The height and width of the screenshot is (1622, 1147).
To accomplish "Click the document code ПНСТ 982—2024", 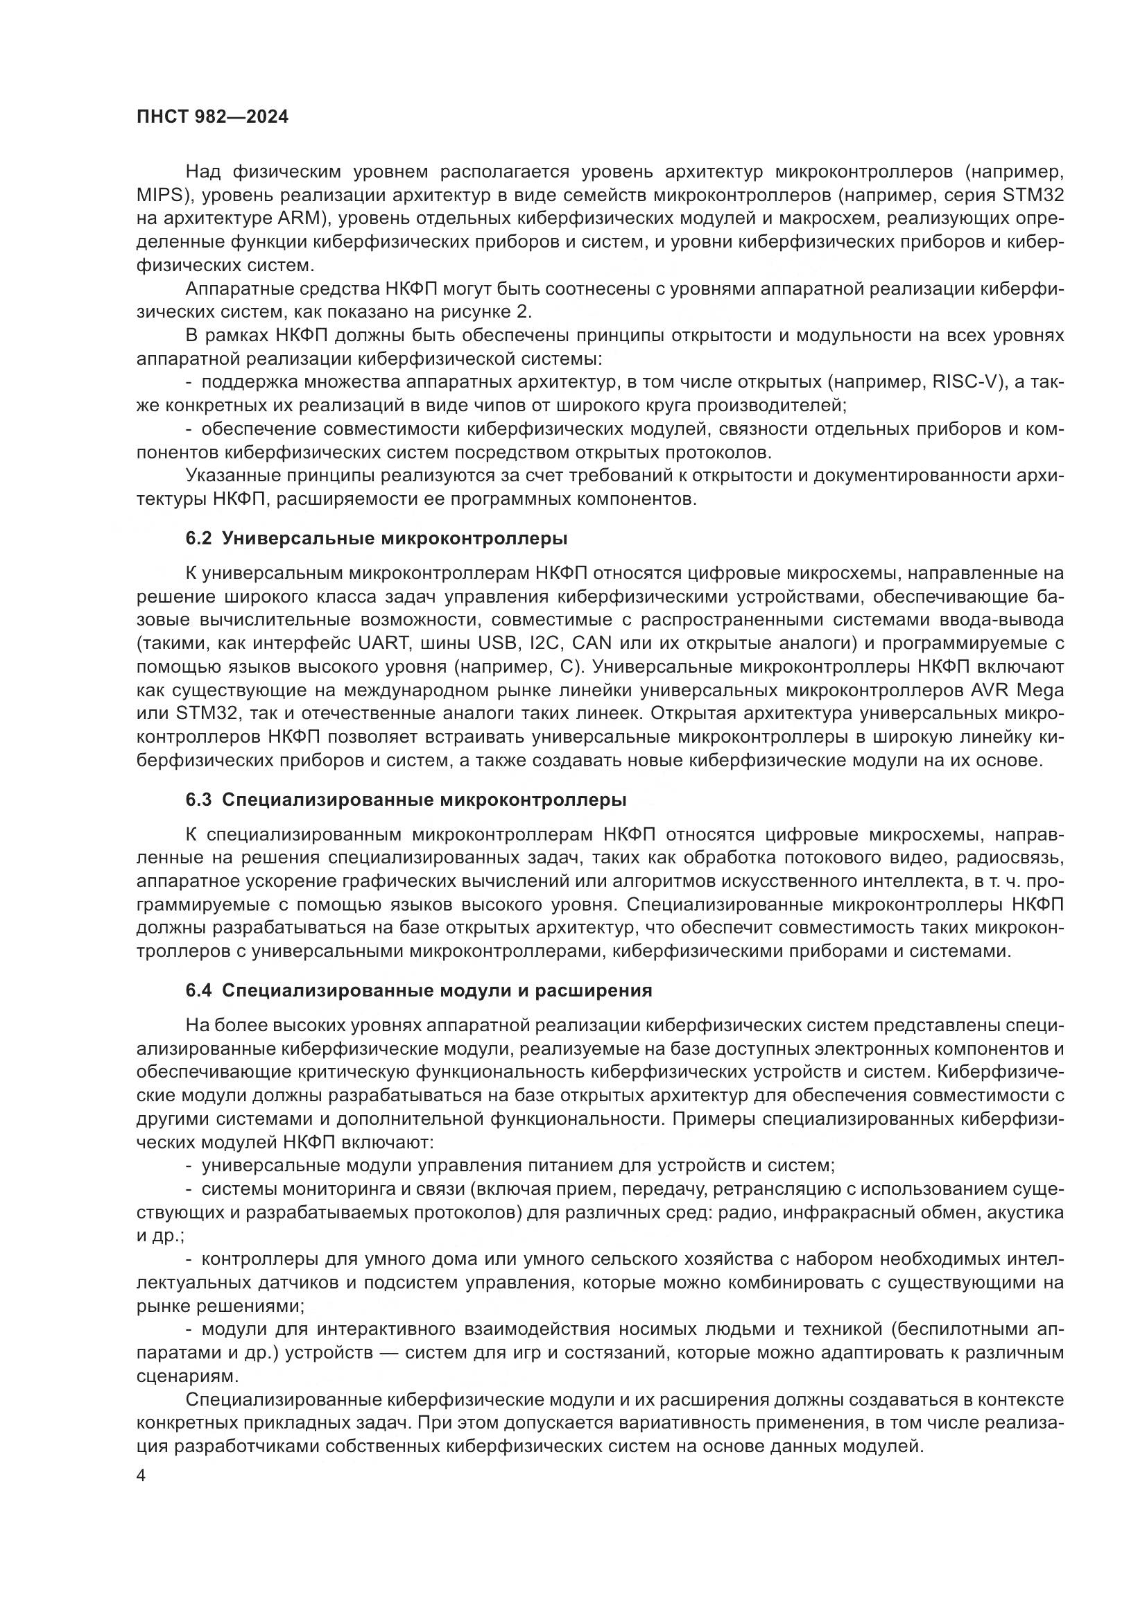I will click(x=213, y=117).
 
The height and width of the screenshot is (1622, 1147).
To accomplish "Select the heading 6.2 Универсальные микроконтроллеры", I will click(x=377, y=538).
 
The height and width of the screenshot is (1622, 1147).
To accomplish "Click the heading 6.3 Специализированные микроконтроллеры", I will click(x=406, y=800).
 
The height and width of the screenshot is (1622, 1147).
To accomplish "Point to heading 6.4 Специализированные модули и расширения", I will click(x=419, y=991).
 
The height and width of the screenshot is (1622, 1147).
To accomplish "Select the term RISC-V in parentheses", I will click(x=965, y=383).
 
